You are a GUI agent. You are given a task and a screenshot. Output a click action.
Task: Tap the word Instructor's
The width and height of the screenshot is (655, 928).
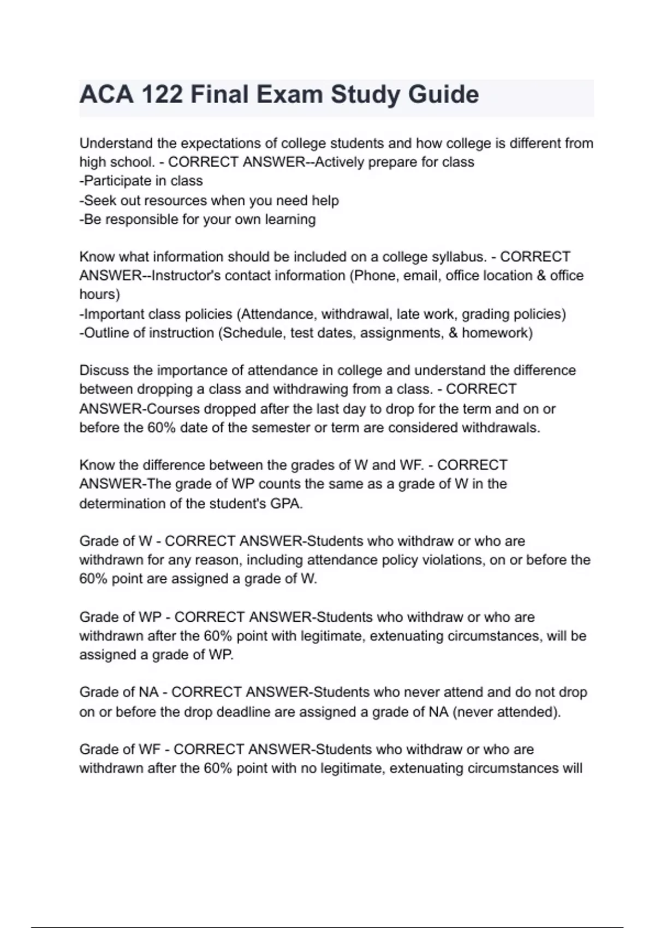click(186, 276)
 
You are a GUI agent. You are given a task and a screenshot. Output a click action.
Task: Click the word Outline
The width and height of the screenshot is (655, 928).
click(108, 333)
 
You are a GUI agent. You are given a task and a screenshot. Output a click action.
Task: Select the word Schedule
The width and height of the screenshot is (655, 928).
click(252, 333)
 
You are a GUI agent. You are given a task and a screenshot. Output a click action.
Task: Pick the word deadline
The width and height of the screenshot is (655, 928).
click(244, 712)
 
